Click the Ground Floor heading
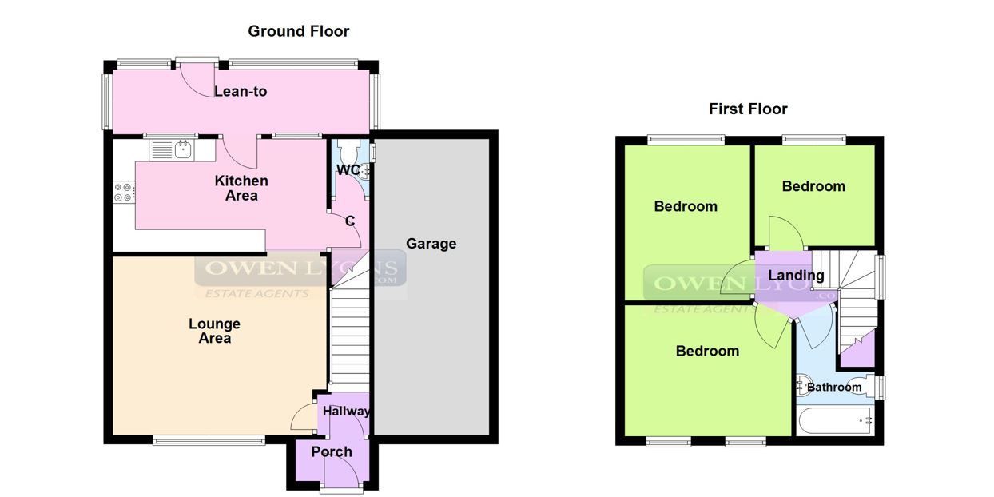[x=298, y=31]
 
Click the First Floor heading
[x=748, y=109]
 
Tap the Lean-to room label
[x=241, y=91]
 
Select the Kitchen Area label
[x=241, y=188]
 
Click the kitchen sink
[x=171, y=149]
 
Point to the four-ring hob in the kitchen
[x=124, y=192]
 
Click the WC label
[x=348, y=169]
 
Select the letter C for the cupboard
[x=350, y=221]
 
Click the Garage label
[x=431, y=243]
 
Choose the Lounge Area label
[x=214, y=331]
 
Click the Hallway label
[x=346, y=412]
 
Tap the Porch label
[x=332, y=451]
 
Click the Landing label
[x=796, y=276]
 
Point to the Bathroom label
[x=834, y=387]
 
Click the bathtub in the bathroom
[x=835, y=419]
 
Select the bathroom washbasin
[x=803, y=385]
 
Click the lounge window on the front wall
[x=209, y=439]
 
